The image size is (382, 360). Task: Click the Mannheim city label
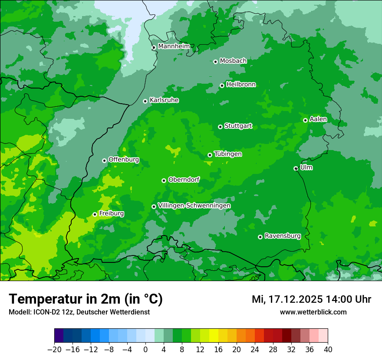[x=174, y=46]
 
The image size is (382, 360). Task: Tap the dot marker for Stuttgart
[x=221, y=127]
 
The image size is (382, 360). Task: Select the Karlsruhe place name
[x=164, y=100]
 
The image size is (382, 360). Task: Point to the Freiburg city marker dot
[x=95, y=214]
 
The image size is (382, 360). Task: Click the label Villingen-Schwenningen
[x=194, y=206]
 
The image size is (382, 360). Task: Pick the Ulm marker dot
[x=296, y=168]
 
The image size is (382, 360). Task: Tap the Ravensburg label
[x=283, y=236]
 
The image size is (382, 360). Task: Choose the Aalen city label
[x=318, y=119]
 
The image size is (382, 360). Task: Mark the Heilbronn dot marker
[x=222, y=85]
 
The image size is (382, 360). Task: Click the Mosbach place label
[x=233, y=61]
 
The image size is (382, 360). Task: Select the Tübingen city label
[x=228, y=154]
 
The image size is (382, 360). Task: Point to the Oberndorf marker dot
[x=164, y=180]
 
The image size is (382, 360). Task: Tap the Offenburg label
[x=124, y=160]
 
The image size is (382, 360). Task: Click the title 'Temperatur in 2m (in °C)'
[x=86, y=299]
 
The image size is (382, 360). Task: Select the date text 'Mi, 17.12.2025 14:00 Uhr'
[x=311, y=299]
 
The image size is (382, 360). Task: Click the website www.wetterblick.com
[x=313, y=312]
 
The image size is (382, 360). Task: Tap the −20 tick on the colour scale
[x=54, y=350]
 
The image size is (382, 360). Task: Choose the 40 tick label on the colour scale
[x=328, y=350]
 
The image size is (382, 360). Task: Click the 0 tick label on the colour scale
[x=145, y=350]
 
